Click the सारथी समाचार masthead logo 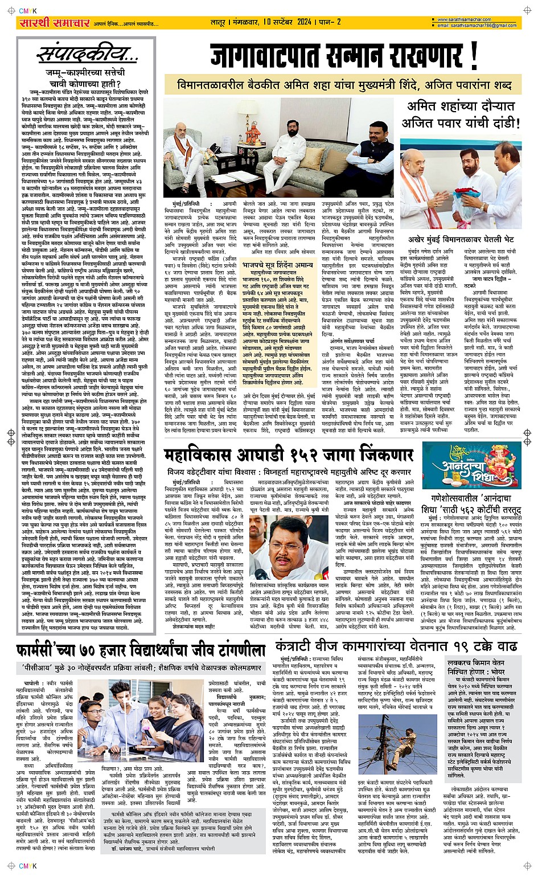coord(54,23)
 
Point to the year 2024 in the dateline coord(303,22)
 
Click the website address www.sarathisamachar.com coord(470,20)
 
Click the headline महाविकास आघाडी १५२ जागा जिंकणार coord(289,455)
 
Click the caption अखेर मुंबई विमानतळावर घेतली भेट coord(461,239)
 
